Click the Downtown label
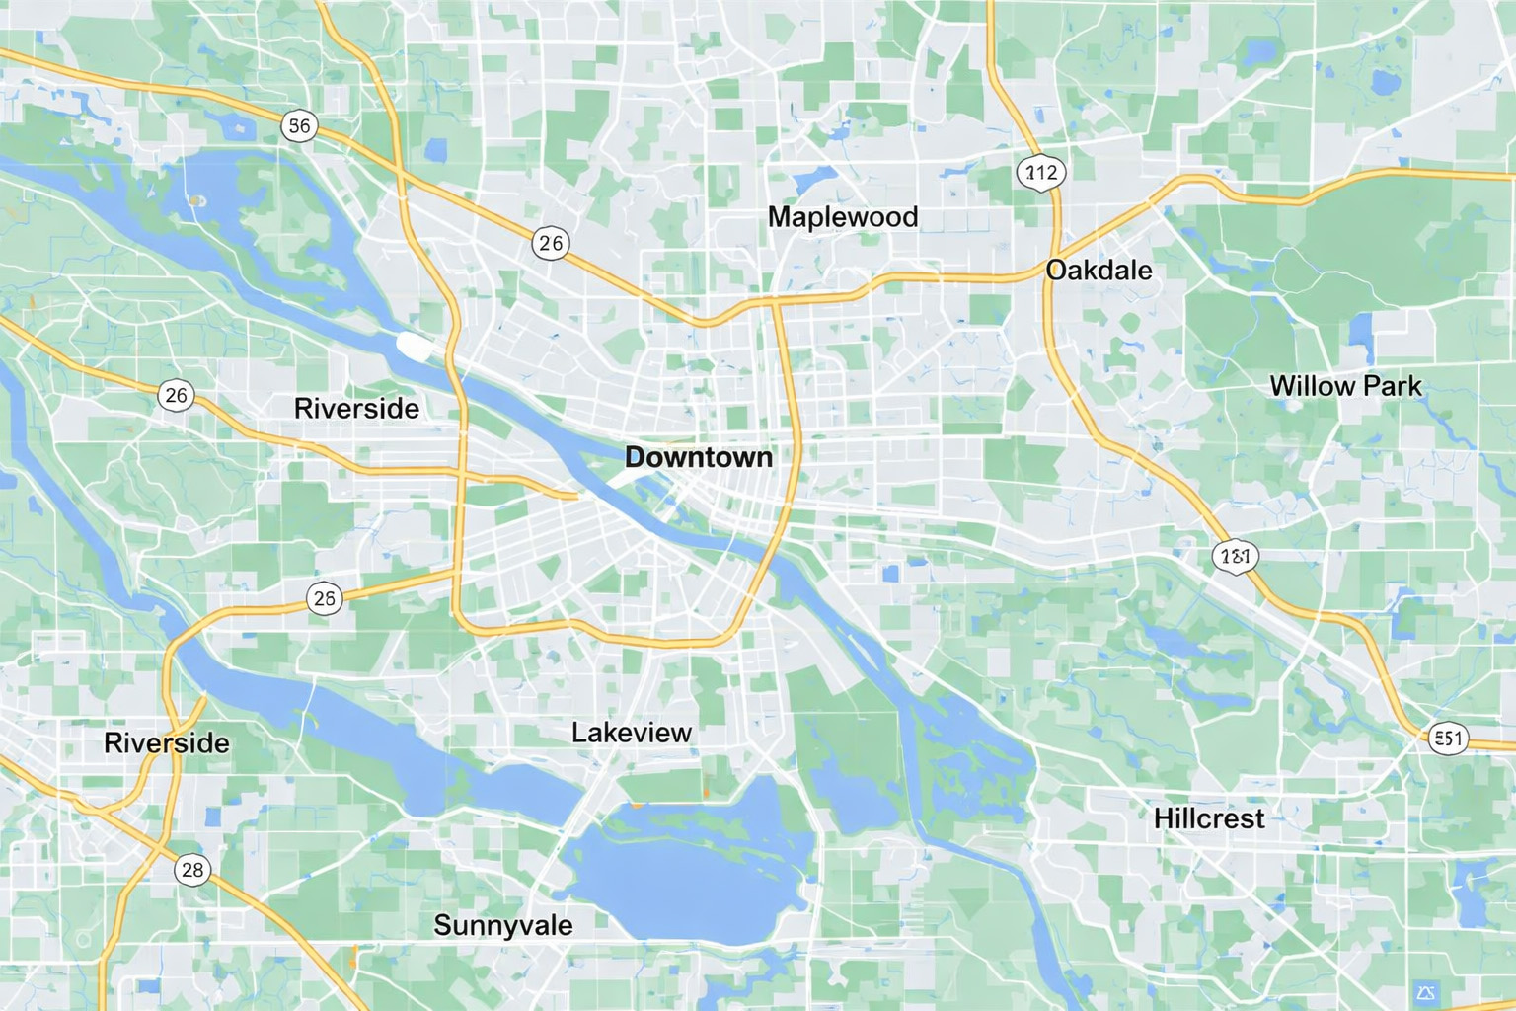[699, 457]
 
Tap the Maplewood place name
[843, 217]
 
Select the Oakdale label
[1099, 271]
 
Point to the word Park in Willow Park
[1393, 386]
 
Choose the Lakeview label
[632, 733]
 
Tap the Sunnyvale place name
[502, 925]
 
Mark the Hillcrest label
[1209, 818]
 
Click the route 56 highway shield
[299, 125]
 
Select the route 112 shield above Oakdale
[1041, 173]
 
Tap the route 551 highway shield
[1448, 738]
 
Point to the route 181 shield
[1235, 556]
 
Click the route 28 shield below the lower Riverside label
[192, 869]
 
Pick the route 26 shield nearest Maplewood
[551, 243]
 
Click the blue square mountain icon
[1424, 991]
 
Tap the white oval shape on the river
[415, 346]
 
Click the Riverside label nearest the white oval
[356, 409]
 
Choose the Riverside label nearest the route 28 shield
[167, 743]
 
